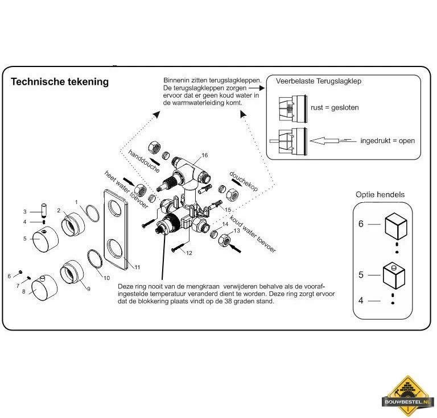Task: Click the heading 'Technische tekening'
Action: (x=60, y=82)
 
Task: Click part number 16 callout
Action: (x=204, y=155)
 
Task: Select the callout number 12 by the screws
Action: (x=189, y=253)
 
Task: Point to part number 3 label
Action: (x=24, y=211)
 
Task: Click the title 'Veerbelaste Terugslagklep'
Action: (x=318, y=81)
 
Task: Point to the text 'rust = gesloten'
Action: (x=335, y=108)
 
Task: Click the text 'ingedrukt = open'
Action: (x=387, y=141)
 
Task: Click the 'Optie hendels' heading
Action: (x=380, y=195)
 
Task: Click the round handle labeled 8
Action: (x=42, y=289)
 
